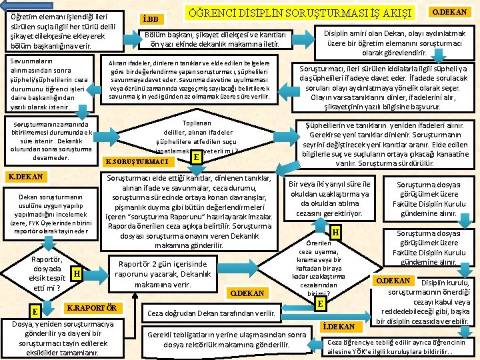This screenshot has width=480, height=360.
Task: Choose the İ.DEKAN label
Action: (x=338, y=326)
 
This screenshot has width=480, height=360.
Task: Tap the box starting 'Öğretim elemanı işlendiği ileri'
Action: (x=63, y=31)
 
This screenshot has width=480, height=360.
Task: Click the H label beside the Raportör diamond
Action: (x=77, y=273)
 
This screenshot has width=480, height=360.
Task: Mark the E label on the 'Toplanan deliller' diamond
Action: (x=196, y=157)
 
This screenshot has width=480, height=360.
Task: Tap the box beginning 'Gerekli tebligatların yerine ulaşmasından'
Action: (x=227, y=340)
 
